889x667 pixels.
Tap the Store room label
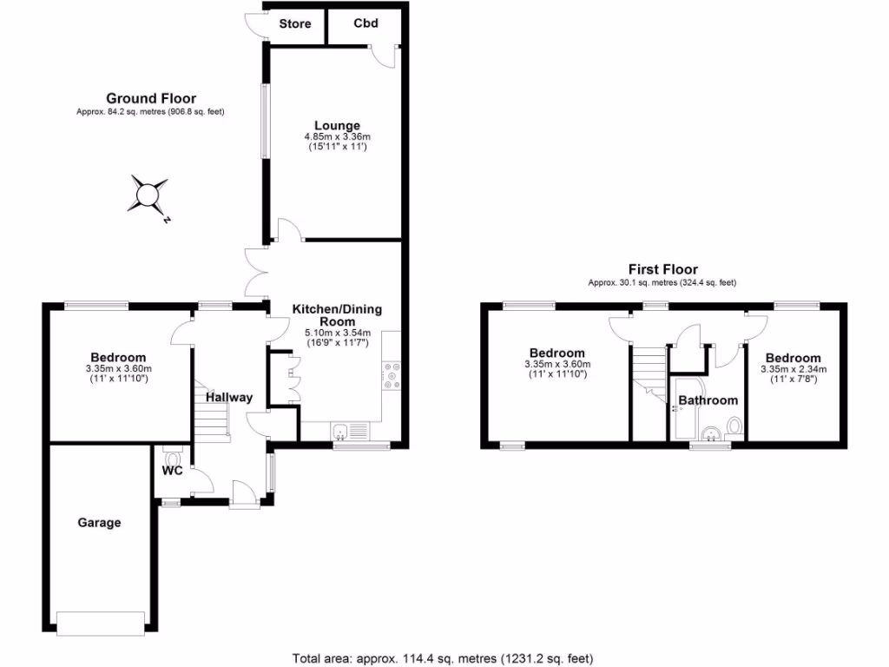295,23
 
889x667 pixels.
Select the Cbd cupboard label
365,23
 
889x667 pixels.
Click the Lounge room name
338,126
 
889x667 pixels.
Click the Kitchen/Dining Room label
337,314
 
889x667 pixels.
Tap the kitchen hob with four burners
391,375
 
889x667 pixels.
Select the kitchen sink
340,432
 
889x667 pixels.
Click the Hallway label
229,397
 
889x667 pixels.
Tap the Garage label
99,523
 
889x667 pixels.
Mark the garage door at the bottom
100,622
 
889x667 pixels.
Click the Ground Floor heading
150,98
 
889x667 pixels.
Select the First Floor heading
662,269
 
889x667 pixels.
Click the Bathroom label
708,400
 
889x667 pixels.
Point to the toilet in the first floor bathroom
734,426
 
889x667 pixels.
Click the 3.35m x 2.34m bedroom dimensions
793,369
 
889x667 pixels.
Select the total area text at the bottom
444,658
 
